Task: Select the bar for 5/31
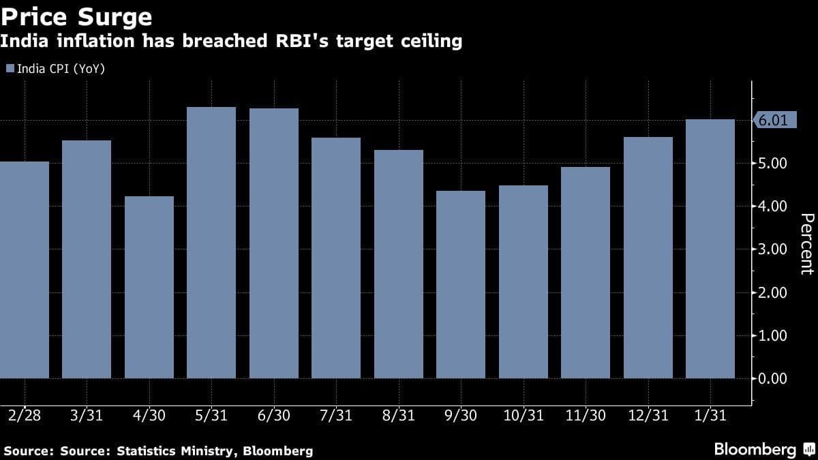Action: pos(211,242)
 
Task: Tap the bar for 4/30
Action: pos(149,286)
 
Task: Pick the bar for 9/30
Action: pos(461,283)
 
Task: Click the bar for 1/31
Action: pos(710,248)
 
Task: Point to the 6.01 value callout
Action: pos(774,121)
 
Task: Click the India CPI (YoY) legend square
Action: pos(10,69)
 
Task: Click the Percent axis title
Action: pos(806,243)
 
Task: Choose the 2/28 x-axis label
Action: pos(24,415)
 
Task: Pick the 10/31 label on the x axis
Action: pos(523,415)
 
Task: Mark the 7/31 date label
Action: pos(336,415)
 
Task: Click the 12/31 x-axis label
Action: pos(648,415)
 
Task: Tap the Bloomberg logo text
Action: pos(755,449)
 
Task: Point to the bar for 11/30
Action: pos(586,272)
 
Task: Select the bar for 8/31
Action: pos(398,264)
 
